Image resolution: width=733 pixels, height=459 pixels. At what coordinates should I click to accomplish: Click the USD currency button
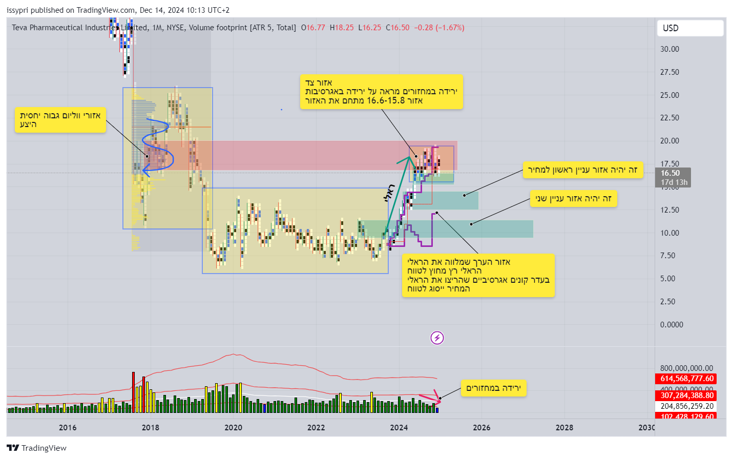(689, 28)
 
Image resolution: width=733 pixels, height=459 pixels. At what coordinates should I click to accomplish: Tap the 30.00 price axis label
(669, 49)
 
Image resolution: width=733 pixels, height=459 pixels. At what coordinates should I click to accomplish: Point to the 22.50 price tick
(669, 118)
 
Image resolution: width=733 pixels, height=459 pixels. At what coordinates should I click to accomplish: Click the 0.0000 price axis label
(671, 324)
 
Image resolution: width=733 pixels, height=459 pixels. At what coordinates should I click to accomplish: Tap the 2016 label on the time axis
(68, 427)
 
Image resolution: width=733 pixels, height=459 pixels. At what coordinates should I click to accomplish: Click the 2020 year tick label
(233, 427)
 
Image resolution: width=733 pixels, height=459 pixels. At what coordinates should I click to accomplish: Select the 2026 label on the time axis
(481, 427)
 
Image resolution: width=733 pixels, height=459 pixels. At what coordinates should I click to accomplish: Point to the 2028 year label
(564, 427)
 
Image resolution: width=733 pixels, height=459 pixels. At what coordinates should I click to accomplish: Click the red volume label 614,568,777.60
(686, 379)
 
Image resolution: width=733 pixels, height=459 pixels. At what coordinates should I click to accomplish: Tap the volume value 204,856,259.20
(686, 406)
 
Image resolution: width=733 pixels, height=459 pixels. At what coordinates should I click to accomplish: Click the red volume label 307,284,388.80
(686, 395)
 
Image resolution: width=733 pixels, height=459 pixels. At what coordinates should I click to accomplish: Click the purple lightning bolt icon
(437, 338)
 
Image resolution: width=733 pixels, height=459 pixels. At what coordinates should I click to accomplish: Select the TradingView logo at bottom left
(37, 448)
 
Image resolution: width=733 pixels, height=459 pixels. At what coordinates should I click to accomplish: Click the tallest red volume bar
(133, 392)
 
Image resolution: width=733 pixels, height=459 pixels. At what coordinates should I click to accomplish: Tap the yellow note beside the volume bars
(493, 388)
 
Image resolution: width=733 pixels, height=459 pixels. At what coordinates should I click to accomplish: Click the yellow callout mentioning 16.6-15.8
(381, 92)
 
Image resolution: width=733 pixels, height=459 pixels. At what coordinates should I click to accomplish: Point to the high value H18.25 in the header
(342, 28)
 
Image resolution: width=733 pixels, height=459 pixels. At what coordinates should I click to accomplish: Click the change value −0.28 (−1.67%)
(439, 28)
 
